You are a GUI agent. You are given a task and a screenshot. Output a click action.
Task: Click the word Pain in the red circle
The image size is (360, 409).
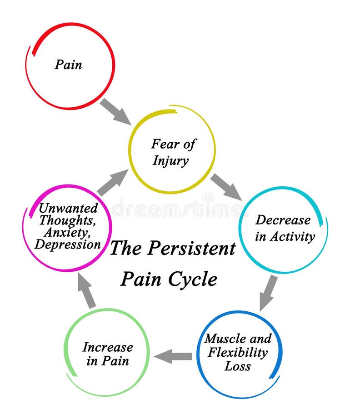[69, 65]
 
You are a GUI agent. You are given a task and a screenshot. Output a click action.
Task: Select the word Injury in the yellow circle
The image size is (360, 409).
[170, 161]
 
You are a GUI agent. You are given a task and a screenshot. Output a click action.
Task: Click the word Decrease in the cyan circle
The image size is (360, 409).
[283, 220]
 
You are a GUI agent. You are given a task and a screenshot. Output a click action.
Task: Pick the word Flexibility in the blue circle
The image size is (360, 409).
[237, 352]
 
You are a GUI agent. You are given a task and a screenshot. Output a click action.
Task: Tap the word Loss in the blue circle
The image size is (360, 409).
[237, 366]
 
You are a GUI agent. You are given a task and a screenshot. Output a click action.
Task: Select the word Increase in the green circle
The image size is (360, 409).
[108, 347]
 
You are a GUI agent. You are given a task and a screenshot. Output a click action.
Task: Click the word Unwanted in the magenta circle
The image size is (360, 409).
[68, 208]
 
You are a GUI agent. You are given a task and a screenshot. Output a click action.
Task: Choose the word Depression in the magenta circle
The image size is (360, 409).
[68, 244]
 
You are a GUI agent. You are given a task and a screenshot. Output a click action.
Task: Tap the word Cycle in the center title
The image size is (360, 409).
[193, 279]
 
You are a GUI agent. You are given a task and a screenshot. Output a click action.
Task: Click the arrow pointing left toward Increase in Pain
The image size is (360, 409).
[174, 356]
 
